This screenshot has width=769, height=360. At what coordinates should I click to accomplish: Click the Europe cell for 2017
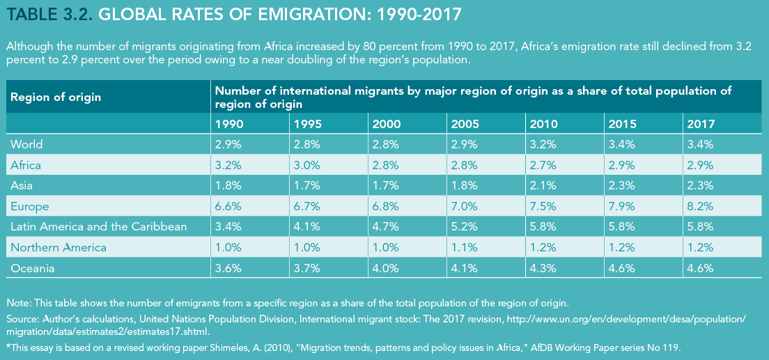pyautogui.click(x=699, y=207)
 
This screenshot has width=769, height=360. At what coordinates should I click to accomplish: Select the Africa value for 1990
pyautogui.click(x=228, y=165)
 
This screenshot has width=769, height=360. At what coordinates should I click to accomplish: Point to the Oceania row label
pyautogui.click(x=32, y=268)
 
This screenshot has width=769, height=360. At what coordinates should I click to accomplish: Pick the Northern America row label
pyautogui.click(x=59, y=248)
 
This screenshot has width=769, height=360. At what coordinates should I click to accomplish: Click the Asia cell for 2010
pyautogui.click(x=542, y=186)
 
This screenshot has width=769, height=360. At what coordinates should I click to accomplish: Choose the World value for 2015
pyautogui.click(x=621, y=144)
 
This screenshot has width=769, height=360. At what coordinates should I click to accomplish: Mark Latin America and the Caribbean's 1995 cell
pyautogui.click(x=306, y=227)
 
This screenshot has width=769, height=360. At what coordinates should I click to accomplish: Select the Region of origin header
pyautogui.click(x=55, y=97)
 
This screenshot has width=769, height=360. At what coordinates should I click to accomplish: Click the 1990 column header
pyautogui.click(x=229, y=124)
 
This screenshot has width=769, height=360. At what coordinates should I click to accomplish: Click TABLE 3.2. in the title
pyautogui.click(x=48, y=14)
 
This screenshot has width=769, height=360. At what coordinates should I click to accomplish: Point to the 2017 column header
pyautogui.click(x=701, y=124)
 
